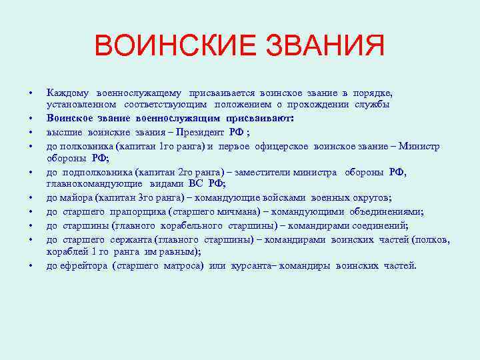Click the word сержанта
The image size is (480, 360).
130,239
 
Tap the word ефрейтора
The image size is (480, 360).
83,265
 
